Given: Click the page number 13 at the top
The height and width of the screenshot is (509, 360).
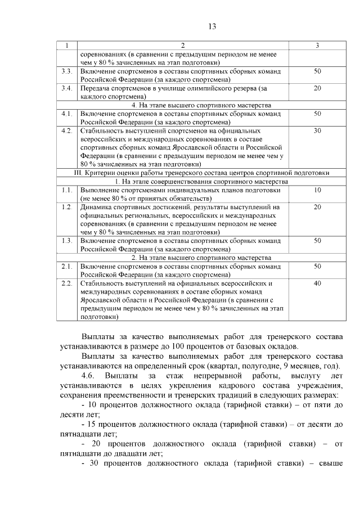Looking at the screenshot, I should pos(212,26).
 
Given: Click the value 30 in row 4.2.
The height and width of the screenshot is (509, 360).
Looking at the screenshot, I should pos(317,130).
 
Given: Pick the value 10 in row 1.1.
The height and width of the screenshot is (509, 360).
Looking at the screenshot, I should pos(317,190).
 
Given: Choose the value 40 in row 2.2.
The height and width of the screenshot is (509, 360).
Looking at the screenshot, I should pos(317,283).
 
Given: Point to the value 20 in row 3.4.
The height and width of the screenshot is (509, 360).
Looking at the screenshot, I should pos(317,88).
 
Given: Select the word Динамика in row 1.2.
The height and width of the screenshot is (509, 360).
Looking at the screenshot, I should pos(97,207).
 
